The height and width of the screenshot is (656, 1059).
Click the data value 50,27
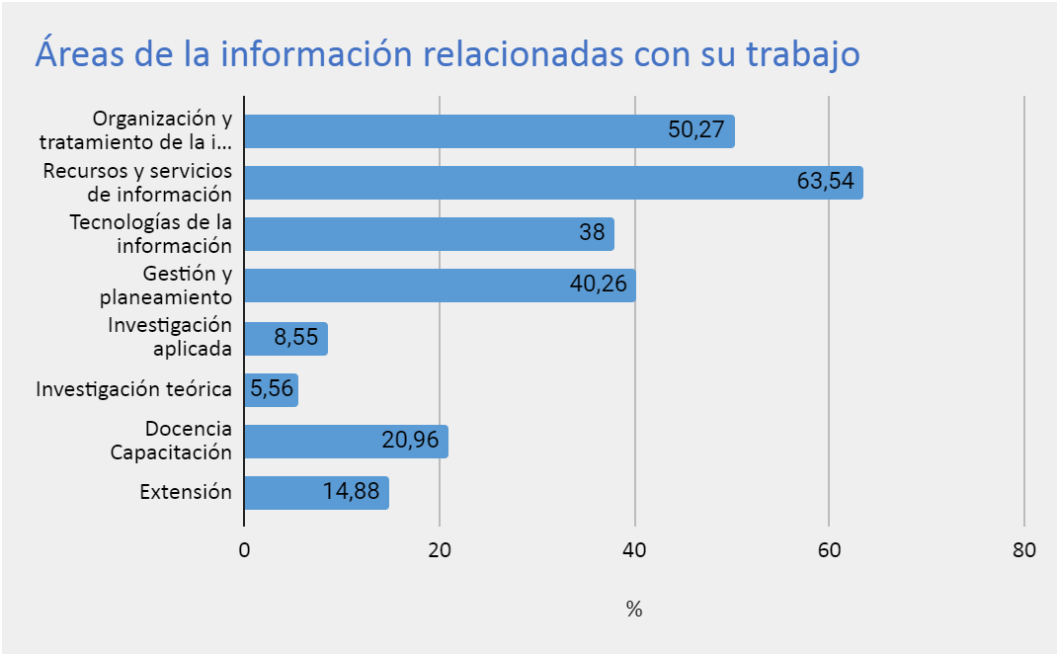(x=696, y=131)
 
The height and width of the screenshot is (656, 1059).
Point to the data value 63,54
(x=825, y=183)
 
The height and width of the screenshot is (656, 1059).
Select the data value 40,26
(x=599, y=286)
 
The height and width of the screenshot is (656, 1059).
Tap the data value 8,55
(x=296, y=338)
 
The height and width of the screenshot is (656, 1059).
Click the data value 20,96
(x=410, y=441)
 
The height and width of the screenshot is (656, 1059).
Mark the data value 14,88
(x=351, y=492)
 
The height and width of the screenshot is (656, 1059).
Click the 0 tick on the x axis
(x=244, y=551)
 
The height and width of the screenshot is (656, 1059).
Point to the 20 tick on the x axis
(x=440, y=551)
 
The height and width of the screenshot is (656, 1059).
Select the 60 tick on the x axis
(x=829, y=551)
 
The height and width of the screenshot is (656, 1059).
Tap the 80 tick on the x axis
(x=1024, y=551)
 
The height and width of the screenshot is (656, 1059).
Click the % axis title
(x=634, y=610)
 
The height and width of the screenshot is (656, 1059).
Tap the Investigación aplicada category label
(x=170, y=337)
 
